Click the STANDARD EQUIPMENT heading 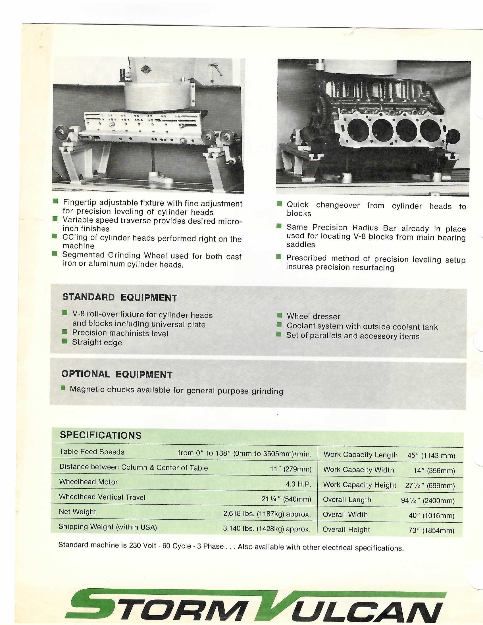(120, 297)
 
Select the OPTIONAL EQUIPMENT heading (117, 374)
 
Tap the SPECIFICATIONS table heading (100, 435)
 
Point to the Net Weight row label (77, 512)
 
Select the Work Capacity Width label (358, 470)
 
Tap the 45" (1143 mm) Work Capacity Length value (431, 455)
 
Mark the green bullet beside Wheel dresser (279, 316)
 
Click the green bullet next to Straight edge (65, 341)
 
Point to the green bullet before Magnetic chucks (63, 388)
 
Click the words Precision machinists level (120, 334)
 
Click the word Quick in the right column (297, 205)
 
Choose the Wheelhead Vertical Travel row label (102, 497)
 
